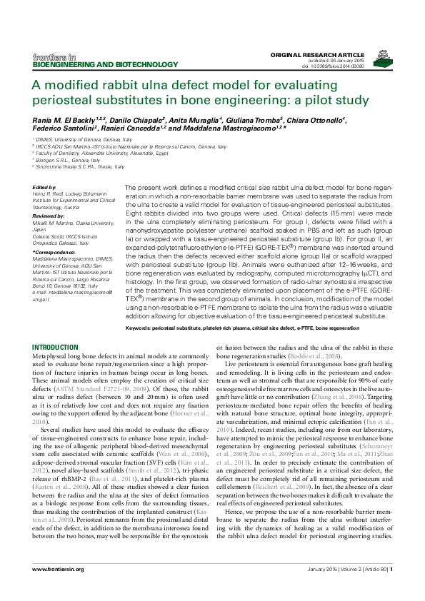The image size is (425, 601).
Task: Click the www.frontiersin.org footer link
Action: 59,588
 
